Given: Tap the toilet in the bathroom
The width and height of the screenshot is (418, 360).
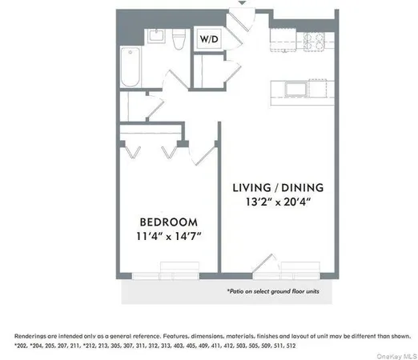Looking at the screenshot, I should pyautogui.click(x=180, y=40).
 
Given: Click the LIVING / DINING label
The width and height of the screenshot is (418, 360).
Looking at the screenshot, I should pyautogui.click(x=278, y=187).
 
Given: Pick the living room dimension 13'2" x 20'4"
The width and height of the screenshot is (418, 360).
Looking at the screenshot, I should pyautogui.click(x=278, y=202).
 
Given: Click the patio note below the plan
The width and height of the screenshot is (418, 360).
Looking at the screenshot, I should pyautogui.click(x=271, y=292).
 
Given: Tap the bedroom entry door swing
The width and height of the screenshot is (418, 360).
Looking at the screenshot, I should pyautogui.click(x=205, y=154).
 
